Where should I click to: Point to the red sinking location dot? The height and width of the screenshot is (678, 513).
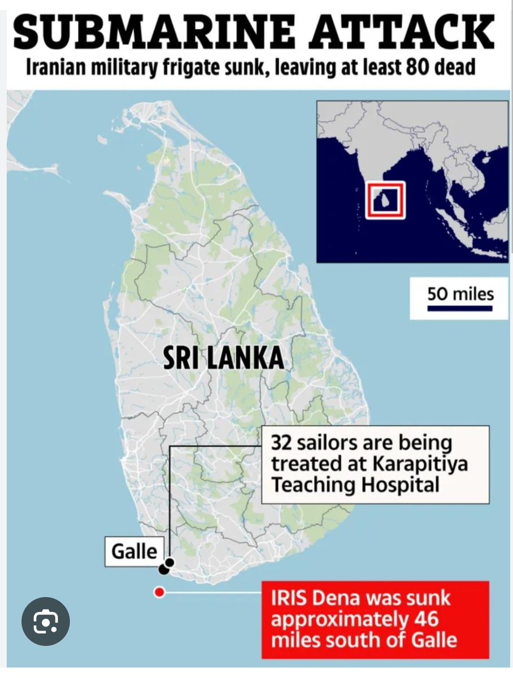pyautogui.click(x=159, y=593)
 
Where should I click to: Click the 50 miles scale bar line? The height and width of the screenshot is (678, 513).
pyautogui.click(x=460, y=309)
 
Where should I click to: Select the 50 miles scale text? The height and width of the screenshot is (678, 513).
pyautogui.click(x=460, y=294)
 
